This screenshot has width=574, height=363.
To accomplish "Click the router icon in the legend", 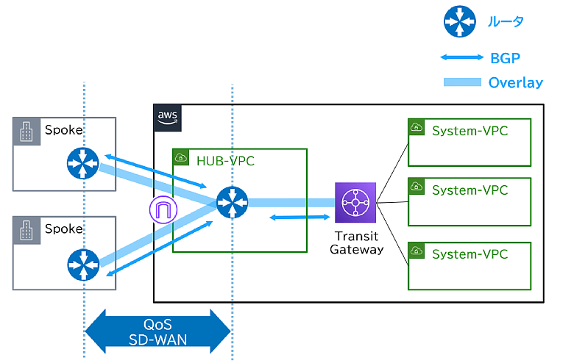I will coord(459,21).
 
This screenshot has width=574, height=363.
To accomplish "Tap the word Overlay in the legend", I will coord(515,82).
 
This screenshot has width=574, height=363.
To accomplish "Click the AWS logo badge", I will coord(167,117).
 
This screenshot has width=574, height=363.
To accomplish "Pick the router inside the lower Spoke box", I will coord(81,265).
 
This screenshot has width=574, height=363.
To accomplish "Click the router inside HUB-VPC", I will coord(233,202).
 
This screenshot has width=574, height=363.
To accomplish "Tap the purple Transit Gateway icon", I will coord(355,202).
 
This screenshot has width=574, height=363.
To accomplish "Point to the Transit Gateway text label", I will coord(356,242).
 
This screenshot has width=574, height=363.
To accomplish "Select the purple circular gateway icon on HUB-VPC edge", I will coord(163,211).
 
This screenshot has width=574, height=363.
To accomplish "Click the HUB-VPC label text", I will coord(225,160).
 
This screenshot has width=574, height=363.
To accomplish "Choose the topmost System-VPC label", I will coord(470,131).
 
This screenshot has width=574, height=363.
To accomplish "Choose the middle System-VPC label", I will coord(470,190).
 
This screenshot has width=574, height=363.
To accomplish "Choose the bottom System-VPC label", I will coord(470,254).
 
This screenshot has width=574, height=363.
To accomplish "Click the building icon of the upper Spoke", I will coord(26,131).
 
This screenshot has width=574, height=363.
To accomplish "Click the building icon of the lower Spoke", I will coord(26,229).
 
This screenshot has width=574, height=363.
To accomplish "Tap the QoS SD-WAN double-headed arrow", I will coord(159,332).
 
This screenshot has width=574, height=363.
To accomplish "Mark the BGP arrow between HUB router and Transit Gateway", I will coord(300,217).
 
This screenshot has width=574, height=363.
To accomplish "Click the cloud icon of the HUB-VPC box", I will coord(182,158).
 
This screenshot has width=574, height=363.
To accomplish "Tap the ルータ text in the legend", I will coord(506,21).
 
